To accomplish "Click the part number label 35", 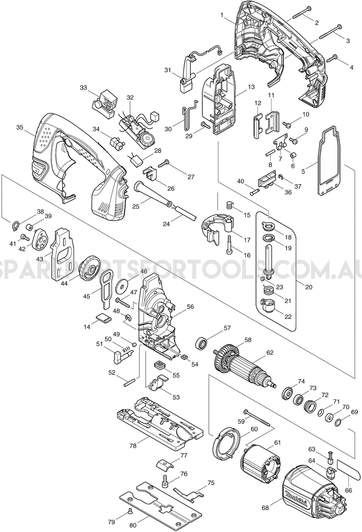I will [20, 127].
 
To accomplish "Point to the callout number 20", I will [309, 287].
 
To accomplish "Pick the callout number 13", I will [251, 87].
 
